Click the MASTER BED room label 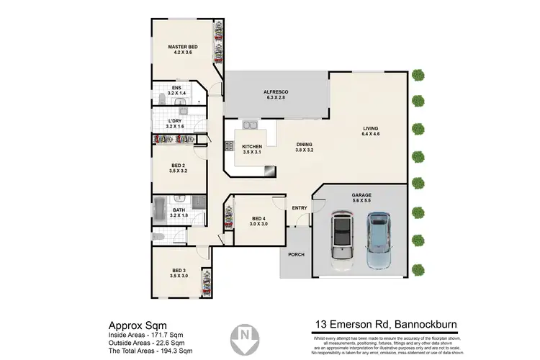pos(182,48)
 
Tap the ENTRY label pos(300,209)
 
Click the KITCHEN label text pos(251,147)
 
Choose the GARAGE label pos(361,195)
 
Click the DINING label pos(305,145)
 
